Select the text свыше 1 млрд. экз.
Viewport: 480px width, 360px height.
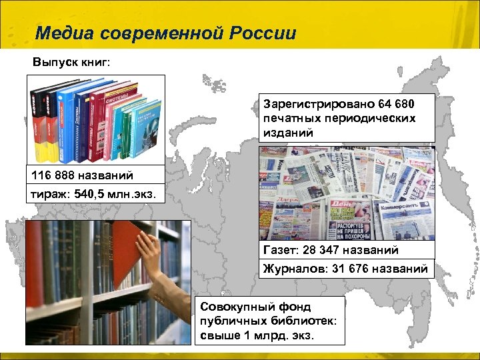point(257,335)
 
